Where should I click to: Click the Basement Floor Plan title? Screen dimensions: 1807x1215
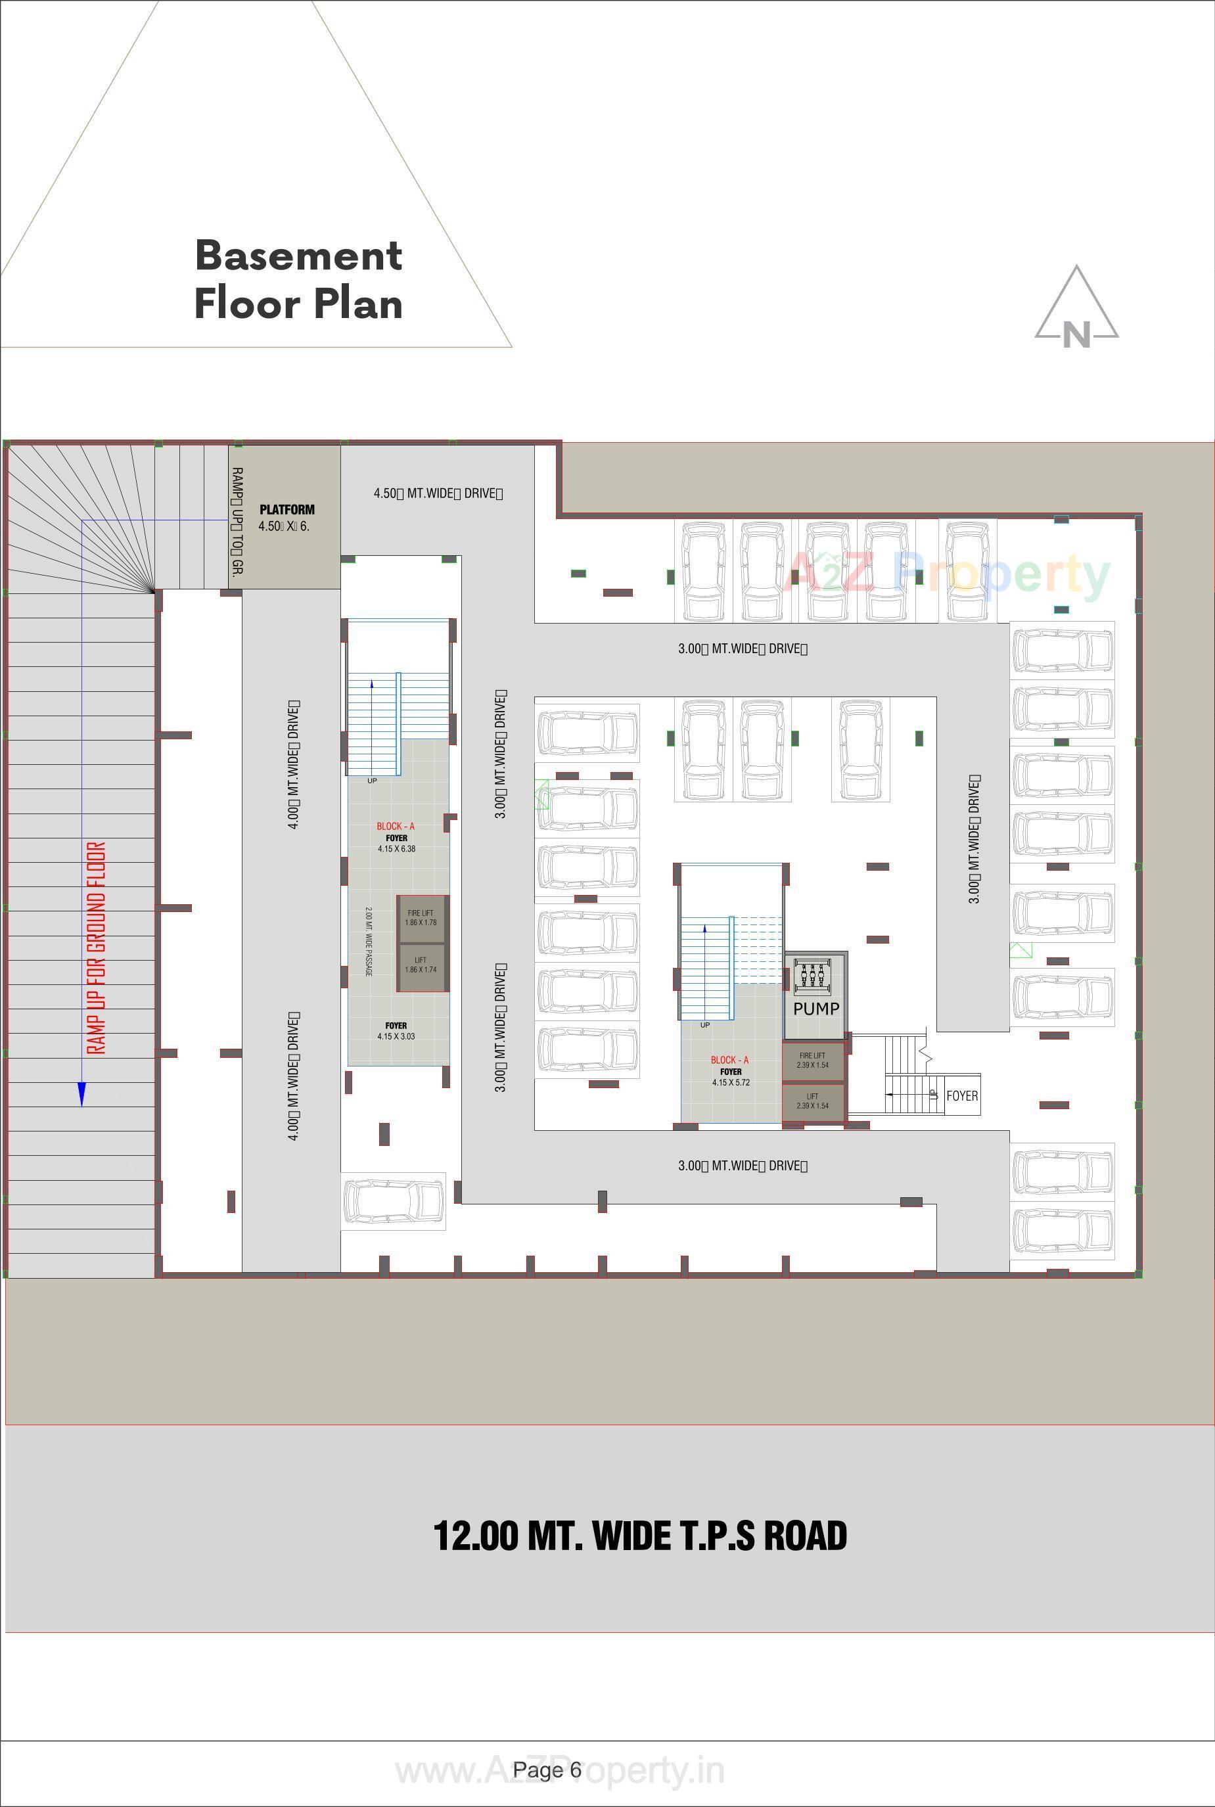point(298,279)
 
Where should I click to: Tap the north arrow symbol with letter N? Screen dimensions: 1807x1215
point(1076,310)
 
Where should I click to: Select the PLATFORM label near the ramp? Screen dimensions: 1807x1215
point(287,510)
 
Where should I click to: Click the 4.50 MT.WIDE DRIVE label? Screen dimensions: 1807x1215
point(438,493)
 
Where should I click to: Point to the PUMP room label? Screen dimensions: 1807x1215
point(816,1009)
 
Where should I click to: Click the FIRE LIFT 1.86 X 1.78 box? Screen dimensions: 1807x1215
point(421,918)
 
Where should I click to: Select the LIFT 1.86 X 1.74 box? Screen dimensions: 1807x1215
point(421,965)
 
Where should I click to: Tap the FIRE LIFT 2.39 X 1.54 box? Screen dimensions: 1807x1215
point(812,1061)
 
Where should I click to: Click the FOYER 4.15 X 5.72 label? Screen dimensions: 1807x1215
point(731,1077)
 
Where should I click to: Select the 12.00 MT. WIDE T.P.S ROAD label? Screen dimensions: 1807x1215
point(639,1536)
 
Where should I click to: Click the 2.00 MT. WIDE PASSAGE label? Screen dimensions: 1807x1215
point(369,941)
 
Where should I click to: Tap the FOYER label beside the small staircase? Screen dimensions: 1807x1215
point(961,1095)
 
